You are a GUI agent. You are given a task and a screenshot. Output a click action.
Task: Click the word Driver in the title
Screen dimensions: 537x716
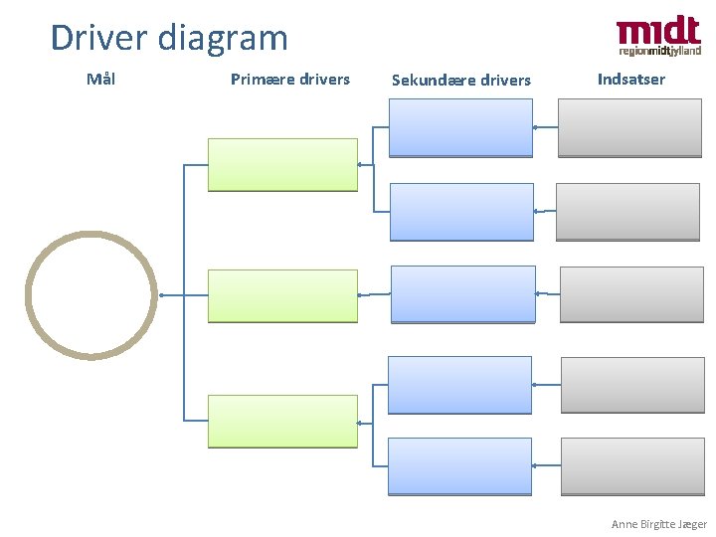pyautogui.click(x=97, y=38)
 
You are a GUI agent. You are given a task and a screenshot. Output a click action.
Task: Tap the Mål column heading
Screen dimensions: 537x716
pyautogui.click(x=100, y=79)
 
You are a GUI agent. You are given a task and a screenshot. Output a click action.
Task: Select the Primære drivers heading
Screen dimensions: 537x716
pyautogui.click(x=290, y=79)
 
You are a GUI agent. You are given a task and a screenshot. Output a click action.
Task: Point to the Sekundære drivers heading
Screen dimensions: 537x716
pyautogui.click(x=461, y=80)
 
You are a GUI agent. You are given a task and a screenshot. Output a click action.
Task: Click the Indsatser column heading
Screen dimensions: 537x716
pyautogui.click(x=631, y=79)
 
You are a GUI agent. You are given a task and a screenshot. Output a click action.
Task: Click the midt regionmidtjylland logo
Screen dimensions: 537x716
pyautogui.click(x=658, y=37)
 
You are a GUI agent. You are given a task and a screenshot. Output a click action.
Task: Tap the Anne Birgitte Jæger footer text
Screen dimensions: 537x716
pyautogui.click(x=658, y=524)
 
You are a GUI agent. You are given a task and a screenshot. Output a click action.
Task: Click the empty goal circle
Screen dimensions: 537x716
pyautogui.click(x=90, y=294)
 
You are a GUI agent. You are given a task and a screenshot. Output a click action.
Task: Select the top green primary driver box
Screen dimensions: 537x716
pyautogui.click(x=282, y=164)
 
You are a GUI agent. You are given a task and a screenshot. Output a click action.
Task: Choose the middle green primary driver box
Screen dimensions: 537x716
pyautogui.click(x=282, y=295)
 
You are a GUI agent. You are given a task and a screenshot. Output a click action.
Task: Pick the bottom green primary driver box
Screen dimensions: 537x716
pyautogui.click(x=282, y=421)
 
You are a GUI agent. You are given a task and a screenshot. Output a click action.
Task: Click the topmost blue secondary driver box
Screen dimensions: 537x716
pyautogui.click(x=460, y=127)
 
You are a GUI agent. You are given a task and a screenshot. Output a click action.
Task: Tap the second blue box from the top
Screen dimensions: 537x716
pyautogui.click(x=460, y=212)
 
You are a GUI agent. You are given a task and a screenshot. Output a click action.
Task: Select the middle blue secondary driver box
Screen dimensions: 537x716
pyautogui.click(x=463, y=293)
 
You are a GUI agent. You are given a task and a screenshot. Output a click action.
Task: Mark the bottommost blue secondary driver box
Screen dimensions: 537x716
pyautogui.click(x=460, y=466)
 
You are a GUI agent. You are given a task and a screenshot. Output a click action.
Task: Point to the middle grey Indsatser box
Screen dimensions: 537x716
pyautogui.click(x=632, y=294)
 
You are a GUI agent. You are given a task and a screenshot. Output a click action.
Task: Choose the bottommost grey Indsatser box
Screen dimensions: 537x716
pyautogui.click(x=632, y=466)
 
